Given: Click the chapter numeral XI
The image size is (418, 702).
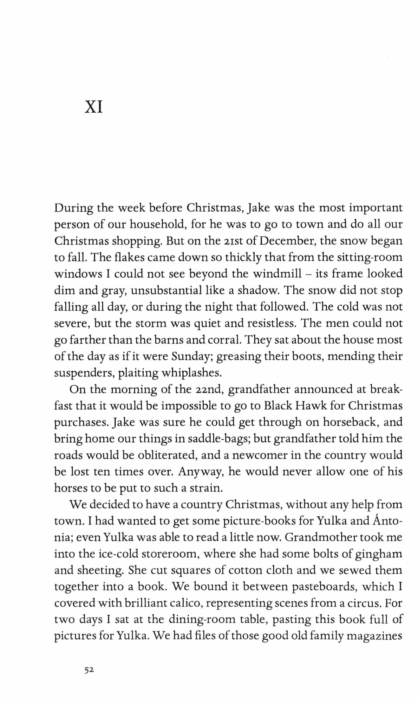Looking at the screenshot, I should pos(93,107).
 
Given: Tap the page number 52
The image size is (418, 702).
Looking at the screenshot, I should pos(88,669).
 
